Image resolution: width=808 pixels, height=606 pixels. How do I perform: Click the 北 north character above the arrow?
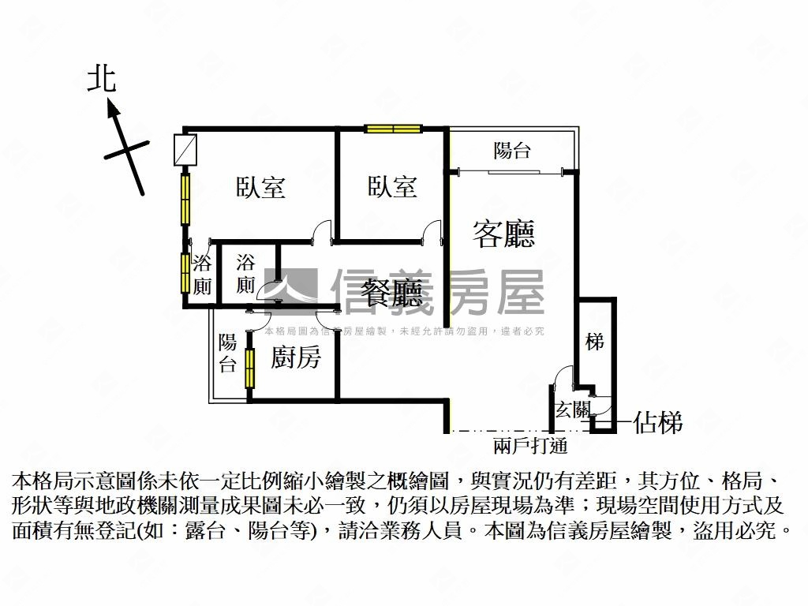[x=102, y=79]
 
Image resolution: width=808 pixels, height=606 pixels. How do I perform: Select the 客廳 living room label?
[x=503, y=234]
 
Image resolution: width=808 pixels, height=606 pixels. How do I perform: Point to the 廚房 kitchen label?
[x=296, y=357]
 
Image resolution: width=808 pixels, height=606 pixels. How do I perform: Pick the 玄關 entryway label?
[x=572, y=410]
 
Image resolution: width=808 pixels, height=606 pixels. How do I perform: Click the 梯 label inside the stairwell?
[x=595, y=342]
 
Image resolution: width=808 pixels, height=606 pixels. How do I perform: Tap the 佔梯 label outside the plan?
[x=657, y=424]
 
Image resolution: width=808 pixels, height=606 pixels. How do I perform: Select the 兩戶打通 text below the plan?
[x=530, y=446]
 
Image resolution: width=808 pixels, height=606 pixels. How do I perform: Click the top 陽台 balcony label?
[x=512, y=151]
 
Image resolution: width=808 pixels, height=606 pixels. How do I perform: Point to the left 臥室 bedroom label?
[x=260, y=187]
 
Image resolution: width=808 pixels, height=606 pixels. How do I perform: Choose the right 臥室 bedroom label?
[x=392, y=187]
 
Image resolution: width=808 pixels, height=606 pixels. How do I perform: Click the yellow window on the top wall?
[x=393, y=129]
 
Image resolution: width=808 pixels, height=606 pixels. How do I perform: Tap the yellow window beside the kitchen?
[x=250, y=367]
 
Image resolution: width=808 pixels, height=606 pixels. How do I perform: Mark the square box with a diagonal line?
[x=185, y=151]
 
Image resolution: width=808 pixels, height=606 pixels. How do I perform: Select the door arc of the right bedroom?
[x=432, y=230]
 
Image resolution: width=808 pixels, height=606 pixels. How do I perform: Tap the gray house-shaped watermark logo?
[x=290, y=289]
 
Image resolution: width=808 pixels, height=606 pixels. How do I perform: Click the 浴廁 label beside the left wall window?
[x=202, y=274]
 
